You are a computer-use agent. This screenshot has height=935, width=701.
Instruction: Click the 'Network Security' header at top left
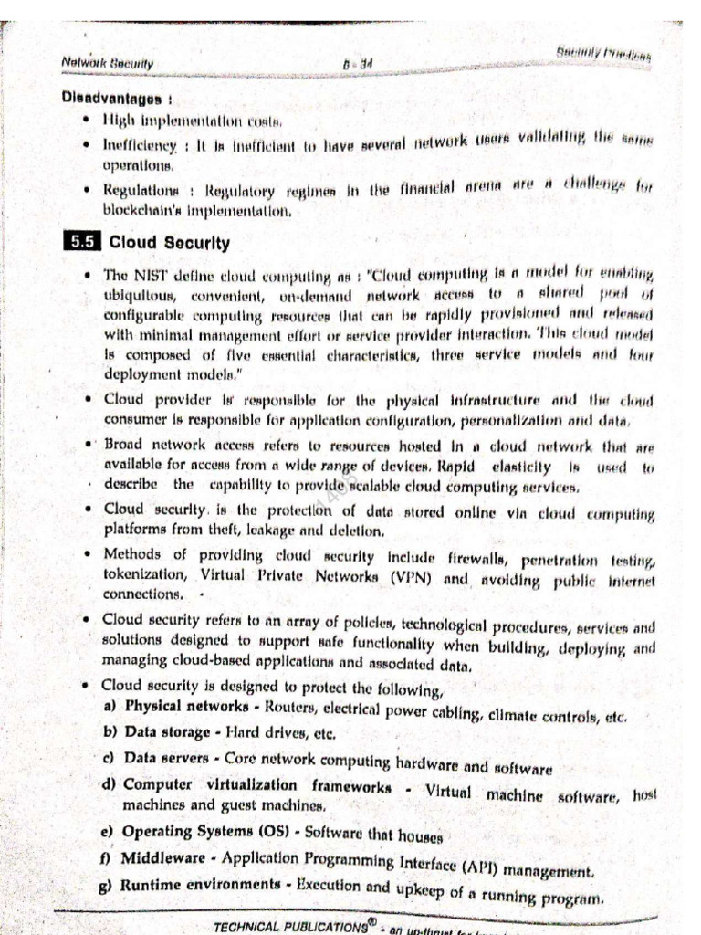108,62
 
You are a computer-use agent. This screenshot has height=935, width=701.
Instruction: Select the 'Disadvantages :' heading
117,97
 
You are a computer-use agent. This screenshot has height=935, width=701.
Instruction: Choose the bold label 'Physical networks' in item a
186,707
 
